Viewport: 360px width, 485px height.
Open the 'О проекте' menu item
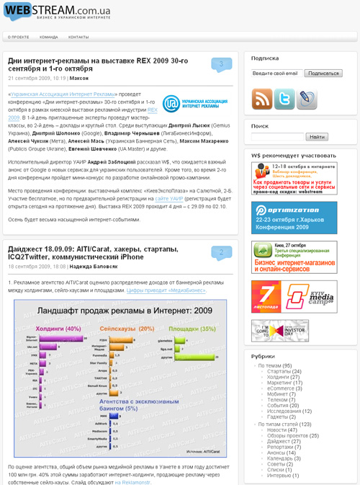[19, 37]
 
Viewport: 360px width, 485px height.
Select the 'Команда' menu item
[49, 37]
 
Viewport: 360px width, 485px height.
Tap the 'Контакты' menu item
[78, 37]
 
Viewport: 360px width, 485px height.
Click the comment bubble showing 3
[221, 65]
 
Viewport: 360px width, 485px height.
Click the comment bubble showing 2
[221, 252]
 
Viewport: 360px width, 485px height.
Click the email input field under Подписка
[276, 74]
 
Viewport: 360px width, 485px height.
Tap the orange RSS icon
[261, 99]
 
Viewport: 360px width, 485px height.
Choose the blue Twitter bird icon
[284, 99]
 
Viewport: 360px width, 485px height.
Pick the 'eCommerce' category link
[280, 388]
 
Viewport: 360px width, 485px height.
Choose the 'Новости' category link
[276, 430]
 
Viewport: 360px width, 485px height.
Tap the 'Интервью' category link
[279, 476]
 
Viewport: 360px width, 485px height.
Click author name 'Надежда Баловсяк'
[90, 266]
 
